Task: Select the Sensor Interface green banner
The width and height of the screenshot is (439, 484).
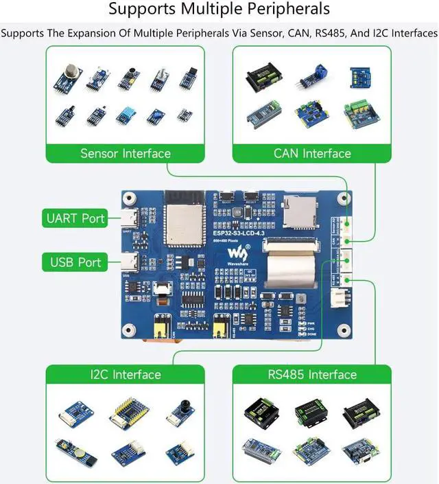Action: [125, 153]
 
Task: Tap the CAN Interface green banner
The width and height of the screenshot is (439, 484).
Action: [312, 153]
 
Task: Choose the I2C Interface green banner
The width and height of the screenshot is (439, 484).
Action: [125, 374]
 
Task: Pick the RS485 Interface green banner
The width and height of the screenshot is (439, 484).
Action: [312, 374]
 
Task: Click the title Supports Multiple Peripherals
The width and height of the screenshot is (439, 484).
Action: [219, 10]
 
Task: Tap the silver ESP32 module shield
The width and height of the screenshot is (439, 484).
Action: [183, 220]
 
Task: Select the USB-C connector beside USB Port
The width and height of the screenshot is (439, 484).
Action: [130, 262]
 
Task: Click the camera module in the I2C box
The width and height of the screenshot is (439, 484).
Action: [180, 412]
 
